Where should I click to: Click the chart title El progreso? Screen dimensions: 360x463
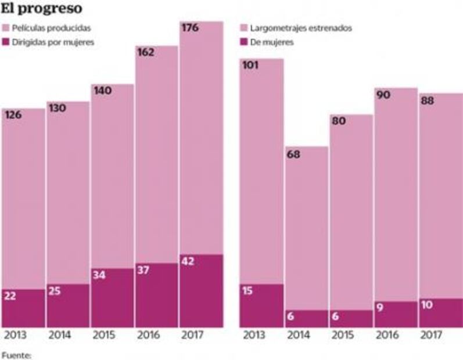pos(41,9)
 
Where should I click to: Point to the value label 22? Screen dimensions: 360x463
pos(12,296)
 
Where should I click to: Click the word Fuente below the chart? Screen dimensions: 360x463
pos(16,352)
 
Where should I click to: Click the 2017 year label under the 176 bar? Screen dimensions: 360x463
pos(192,336)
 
